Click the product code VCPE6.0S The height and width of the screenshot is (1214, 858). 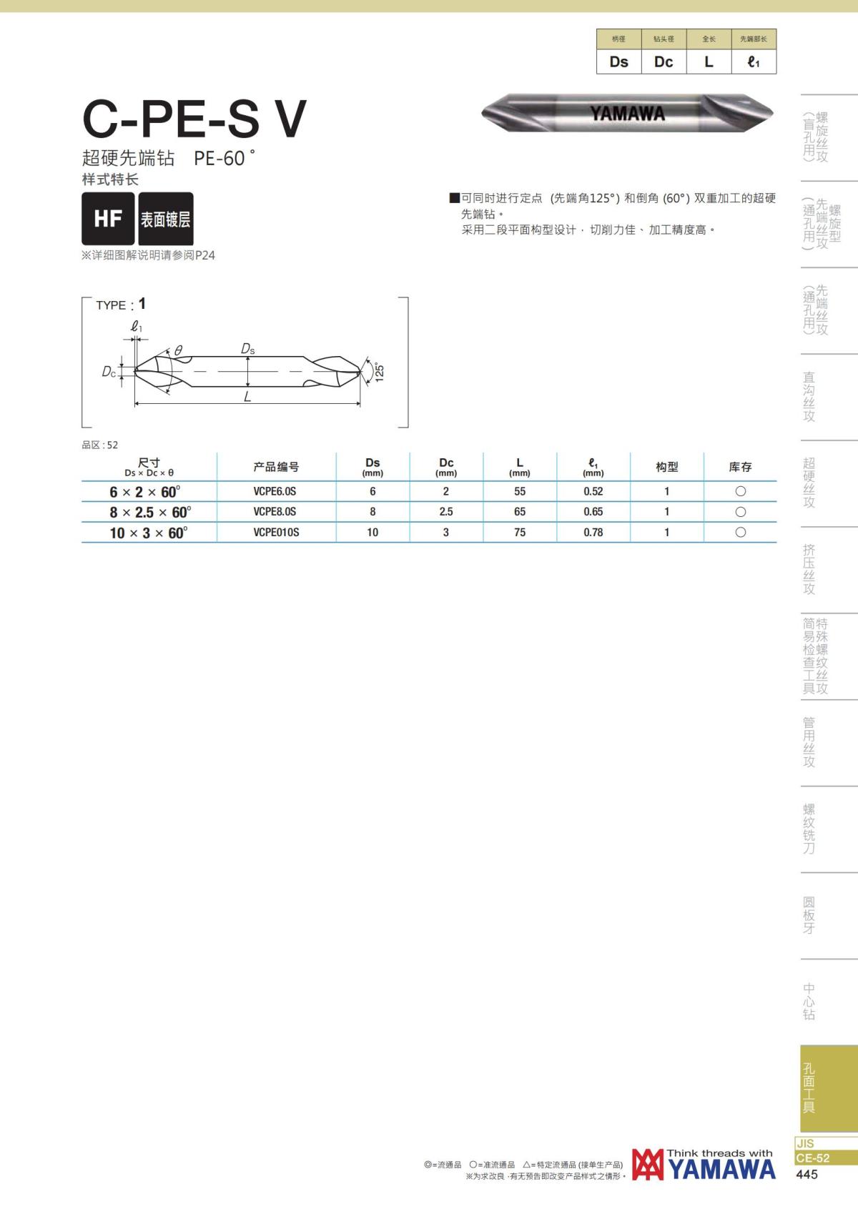pos(275,492)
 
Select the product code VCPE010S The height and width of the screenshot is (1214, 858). pos(276,532)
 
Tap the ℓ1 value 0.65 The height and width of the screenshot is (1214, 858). pos(593,512)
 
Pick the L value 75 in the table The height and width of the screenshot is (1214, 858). pos(519,532)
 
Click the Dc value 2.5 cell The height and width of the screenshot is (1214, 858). pos(446,512)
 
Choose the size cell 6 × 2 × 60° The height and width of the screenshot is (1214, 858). pos(144,492)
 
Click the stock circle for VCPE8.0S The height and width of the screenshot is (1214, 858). pos(741,512)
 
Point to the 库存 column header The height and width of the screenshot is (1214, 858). pos(741,467)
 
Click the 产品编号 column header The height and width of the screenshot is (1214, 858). pos(276,467)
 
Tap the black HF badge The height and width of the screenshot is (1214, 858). pos(108,219)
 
